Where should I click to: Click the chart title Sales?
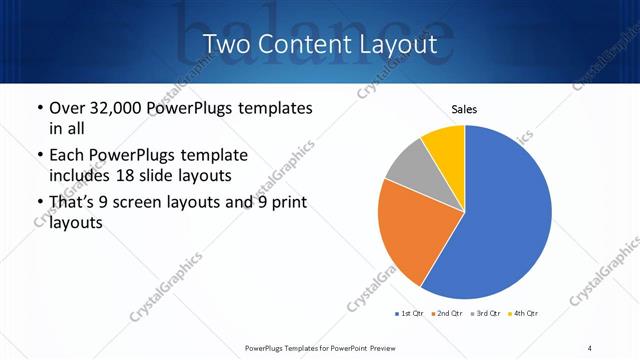click(464, 108)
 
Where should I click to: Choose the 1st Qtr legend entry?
click(410, 314)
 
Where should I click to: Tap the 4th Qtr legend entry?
click(527, 314)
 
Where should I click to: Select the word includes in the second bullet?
click(78, 176)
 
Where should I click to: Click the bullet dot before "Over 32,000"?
click(38, 108)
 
